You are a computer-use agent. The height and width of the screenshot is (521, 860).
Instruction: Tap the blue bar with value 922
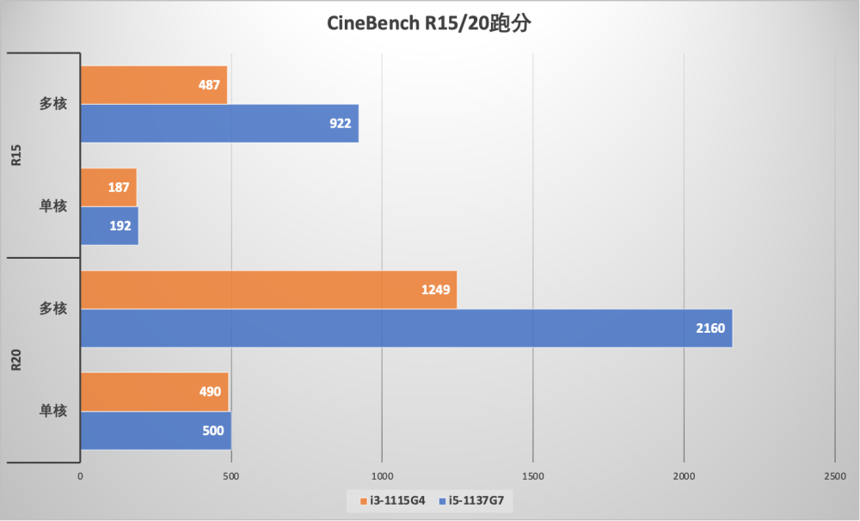pos(218,123)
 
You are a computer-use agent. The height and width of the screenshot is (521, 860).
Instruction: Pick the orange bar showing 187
pos(107,187)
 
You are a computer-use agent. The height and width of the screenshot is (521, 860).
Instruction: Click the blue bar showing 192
pos(108,226)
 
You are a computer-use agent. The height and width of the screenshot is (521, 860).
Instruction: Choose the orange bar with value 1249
pos(267,290)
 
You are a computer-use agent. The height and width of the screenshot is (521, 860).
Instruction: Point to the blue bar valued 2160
pos(405,328)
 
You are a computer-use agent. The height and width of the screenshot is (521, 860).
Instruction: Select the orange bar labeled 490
pos(154,392)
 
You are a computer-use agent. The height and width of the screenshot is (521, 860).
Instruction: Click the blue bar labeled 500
pos(155,431)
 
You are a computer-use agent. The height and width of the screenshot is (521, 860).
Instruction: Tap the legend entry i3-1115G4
pos(392,500)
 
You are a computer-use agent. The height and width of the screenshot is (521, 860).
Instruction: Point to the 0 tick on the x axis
pos(80,476)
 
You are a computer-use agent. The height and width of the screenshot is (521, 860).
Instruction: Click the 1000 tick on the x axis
pos(382,476)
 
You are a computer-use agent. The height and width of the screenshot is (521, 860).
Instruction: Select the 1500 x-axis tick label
pos(533,476)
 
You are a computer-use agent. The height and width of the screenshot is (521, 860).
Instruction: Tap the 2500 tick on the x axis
pos(834,476)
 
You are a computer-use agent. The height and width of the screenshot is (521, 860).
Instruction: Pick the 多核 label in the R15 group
pos(53,104)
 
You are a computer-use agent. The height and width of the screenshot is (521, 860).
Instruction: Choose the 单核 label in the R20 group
pos(53,411)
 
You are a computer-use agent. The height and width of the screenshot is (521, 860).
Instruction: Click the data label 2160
pos(710,328)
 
